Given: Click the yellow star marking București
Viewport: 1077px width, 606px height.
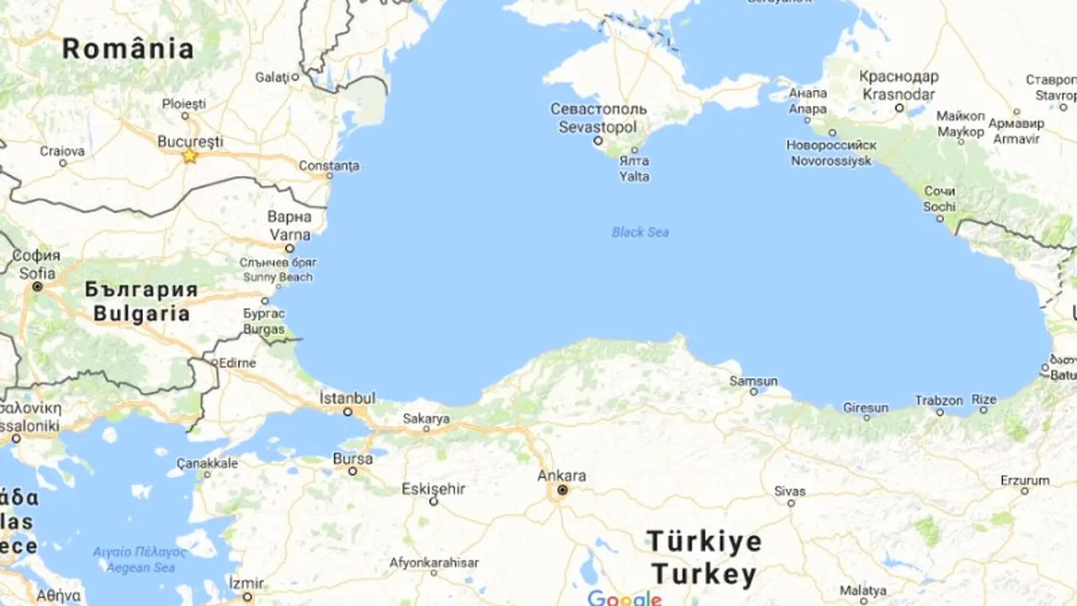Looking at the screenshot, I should click(190, 156).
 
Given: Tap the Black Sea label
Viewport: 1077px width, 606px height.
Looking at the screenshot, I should click(640, 231).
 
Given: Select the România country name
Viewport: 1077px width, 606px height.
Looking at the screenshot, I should click(128, 49).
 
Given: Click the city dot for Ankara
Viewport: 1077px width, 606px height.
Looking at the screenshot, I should click(562, 490).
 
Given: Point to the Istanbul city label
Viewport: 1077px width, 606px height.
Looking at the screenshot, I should click(348, 397).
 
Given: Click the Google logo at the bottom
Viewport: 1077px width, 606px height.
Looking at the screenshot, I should click(624, 598).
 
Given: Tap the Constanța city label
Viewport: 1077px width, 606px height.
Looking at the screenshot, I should click(329, 166).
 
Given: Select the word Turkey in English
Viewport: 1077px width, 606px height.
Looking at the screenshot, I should click(703, 575).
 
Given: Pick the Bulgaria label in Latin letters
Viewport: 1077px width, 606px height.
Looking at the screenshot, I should click(141, 314).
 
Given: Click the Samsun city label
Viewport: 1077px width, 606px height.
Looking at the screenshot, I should click(753, 381).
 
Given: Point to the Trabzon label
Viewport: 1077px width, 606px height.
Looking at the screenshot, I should click(939, 401).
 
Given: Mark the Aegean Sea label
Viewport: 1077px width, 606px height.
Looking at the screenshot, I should click(140, 567).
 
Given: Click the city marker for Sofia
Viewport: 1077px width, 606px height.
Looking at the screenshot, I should click(37, 287).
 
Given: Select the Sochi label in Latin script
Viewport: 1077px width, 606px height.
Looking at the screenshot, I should click(939, 206).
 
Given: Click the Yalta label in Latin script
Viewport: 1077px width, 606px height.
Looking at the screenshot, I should click(634, 177).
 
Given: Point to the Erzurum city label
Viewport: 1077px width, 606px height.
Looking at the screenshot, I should click(1025, 480).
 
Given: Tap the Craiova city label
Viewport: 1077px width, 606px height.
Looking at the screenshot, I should click(62, 151).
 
